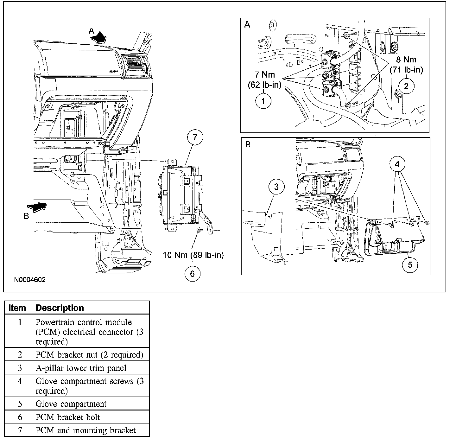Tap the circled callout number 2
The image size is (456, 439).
pos(406,86)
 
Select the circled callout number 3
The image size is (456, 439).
pos(276,187)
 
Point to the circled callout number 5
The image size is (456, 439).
pos(410,264)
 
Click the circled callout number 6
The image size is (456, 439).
pos(193,273)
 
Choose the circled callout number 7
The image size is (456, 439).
pos(195,138)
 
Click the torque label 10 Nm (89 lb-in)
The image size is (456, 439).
pos(193,255)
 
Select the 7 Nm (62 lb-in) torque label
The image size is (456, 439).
pos(264,80)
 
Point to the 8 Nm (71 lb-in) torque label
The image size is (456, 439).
pos(406,64)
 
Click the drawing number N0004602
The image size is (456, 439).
pos(30,280)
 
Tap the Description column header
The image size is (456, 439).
pos(60,308)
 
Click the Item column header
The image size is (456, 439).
pos(17,308)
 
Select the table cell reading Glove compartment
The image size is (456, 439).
pos(71,404)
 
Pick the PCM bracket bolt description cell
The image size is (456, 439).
pos(68,417)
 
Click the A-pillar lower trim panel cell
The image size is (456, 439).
pos(81,368)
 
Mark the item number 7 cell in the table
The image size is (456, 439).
pos(20,430)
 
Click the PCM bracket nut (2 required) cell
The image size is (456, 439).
pos(89,355)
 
